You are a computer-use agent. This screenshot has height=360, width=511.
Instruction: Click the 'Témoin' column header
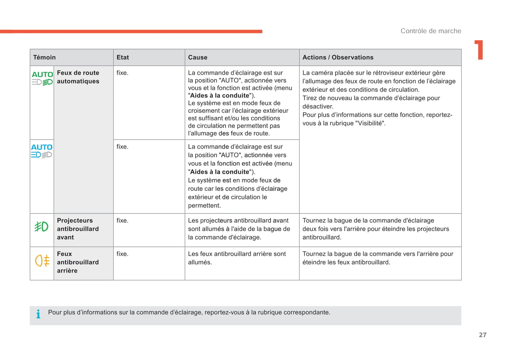pyautogui.click(x=45, y=57)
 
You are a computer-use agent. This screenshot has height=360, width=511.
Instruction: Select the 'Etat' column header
pyautogui.click(x=123, y=57)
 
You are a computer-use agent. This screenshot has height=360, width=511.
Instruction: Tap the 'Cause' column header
pyautogui.click(x=198, y=57)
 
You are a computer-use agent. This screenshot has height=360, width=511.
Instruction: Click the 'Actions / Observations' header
pyautogui.click(x=338, y=57)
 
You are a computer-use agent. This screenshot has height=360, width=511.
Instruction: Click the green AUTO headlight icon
pyautogui.click(x=42, y=78)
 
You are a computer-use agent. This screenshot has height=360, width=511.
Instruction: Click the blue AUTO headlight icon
pyautogui.click(x=42, y=151)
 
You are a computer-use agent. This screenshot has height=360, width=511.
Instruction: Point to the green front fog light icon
pyautogui.click(x=41, y=226)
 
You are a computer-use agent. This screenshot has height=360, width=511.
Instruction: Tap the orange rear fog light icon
pyautogui.click(x=42, y=261)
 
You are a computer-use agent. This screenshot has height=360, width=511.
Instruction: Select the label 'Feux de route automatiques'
pyautogui.click(x=78, y=77)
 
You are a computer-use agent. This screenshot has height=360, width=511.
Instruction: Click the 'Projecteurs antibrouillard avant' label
pyautogui.click(x=78, y=229)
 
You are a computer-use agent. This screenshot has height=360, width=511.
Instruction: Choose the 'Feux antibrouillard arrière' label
pyautogui.click(x=78, y=262)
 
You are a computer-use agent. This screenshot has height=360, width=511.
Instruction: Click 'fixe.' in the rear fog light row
pyautogui.click(x=122, y=254)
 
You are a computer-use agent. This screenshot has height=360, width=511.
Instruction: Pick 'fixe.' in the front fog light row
pyautogui.click(x=122, y=220)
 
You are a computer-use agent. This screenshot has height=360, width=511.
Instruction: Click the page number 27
pyautogui.click(x=483, y=335)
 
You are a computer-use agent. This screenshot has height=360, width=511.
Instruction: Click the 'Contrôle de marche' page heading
pyautogui.click(x=431, y=31)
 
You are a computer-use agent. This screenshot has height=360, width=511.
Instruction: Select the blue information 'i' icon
pyautogui.click(x=38, y=314)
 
